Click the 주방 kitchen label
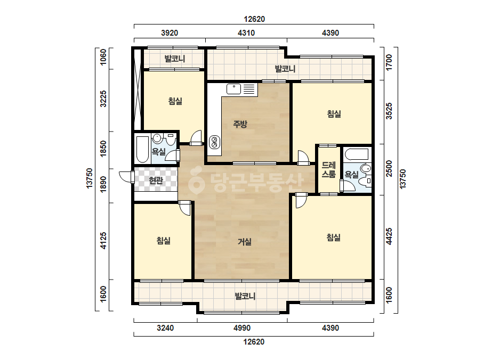pos(240,124)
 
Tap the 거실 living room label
pos(245,241)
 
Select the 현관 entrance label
pos(156,181)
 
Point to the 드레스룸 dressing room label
pos(328,170)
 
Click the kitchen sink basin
pos(234,89)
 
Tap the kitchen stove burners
pos(215,142)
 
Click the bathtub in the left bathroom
pos(143,149)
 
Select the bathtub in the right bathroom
pos(357,154)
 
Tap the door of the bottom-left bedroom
pos(185,208)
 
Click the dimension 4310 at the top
pos(246,32)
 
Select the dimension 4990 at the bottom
pos(242,328)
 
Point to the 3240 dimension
pos(165,328)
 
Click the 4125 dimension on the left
pos(103,241)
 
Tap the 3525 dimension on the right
pos(389,111)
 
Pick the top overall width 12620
pos(254,19)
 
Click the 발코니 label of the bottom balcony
pos(245,296)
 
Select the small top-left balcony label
pos(175,59)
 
